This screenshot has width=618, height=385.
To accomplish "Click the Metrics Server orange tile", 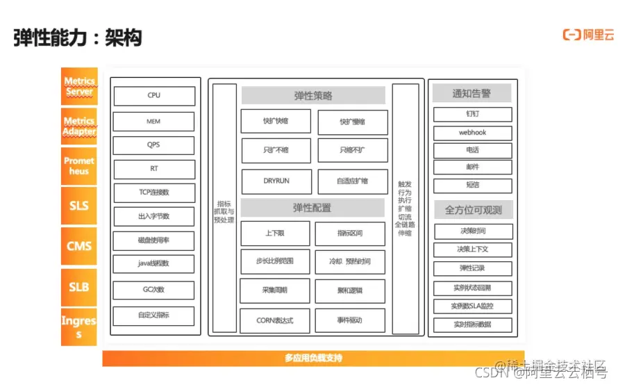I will click(79, 86).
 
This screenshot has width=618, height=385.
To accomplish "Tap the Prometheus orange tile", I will click(79, 166).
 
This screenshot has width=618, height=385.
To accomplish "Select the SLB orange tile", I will click(79, 286).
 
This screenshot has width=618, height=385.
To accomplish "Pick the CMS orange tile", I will click(79, 246).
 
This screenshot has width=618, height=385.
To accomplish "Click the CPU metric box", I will click(153, 96).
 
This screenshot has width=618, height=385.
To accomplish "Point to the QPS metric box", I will click(153, 145).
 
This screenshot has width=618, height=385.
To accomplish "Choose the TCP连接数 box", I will click(153, 192).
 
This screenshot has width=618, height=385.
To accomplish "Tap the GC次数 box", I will click(153, 290).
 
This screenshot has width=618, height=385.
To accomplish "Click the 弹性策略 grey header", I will click(313, 95).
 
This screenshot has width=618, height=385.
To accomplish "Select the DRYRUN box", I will click(276, 181).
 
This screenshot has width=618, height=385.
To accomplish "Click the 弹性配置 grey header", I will click(312, 207).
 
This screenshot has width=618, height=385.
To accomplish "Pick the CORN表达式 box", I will click(276, 320).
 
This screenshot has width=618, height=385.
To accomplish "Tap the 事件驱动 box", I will click(349, 320).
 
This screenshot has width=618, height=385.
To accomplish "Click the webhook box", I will click(472, 133).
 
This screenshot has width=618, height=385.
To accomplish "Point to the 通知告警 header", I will click(472, 93).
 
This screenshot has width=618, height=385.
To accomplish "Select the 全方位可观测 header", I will click(472, 209).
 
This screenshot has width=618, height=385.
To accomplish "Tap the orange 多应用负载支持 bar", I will click(313, 359).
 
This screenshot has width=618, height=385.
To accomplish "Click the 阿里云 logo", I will click(588, 35).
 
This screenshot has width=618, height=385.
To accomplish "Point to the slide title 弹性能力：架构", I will click(78, 38).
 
